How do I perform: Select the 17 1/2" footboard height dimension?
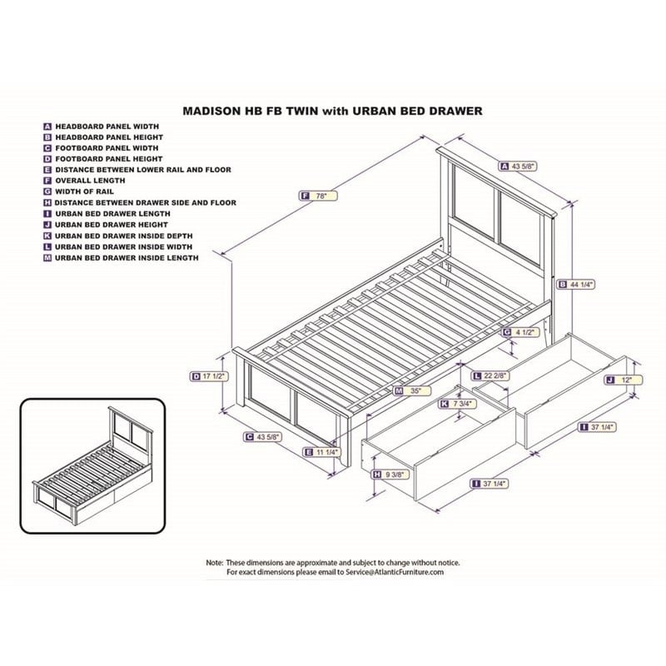[214, 376]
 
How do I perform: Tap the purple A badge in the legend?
[48, 126]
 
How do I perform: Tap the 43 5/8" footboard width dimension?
[268, 436]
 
